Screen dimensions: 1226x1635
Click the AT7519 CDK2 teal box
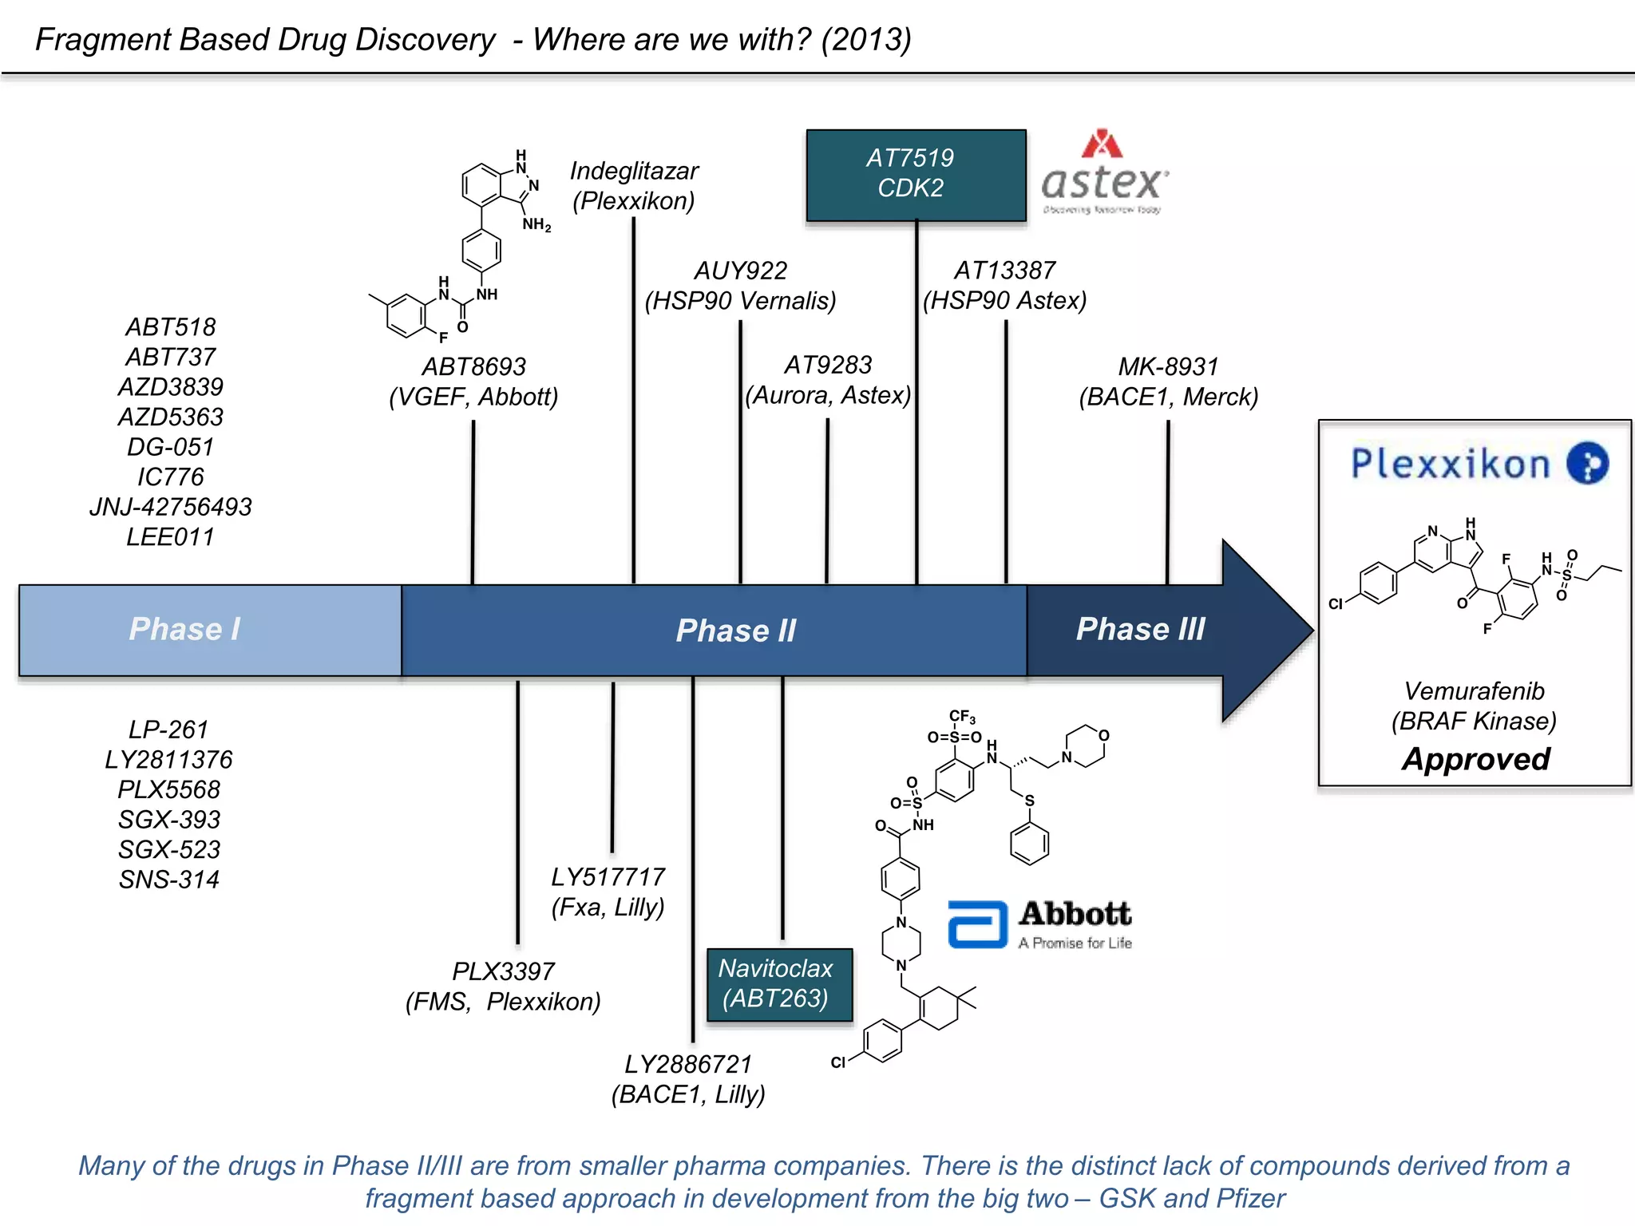[916, 175]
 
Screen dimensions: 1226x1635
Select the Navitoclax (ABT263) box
[779, 984]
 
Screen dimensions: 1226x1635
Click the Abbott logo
[1039, 924]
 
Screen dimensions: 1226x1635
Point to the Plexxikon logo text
[1451, 464]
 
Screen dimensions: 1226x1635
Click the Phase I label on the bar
[184, 629]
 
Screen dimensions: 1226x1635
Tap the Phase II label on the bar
[735, 631]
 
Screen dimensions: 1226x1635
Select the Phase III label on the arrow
[1140, 629]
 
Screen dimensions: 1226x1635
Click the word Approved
[1475, 759]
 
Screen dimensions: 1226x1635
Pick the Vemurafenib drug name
[1474, 691]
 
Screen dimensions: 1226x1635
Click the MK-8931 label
[1168, 367]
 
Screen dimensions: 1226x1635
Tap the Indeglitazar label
[634, 172]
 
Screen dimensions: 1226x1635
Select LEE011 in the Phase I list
[170, 537]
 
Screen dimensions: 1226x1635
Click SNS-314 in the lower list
[168, 880]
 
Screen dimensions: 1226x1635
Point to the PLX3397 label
[503, 971]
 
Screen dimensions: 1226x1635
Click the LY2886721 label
[688, 1065]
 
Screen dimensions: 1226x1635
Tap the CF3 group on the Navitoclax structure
[961, 717]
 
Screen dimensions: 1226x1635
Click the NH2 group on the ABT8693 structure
[536, 224]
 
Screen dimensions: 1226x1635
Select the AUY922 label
[740, 271]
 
